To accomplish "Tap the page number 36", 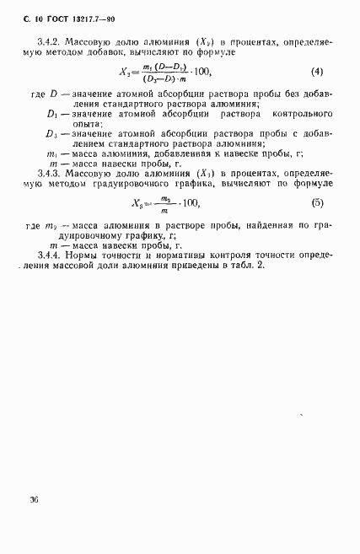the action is click(x=33, y=499).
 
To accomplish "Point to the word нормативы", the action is click(x=188, y=254).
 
